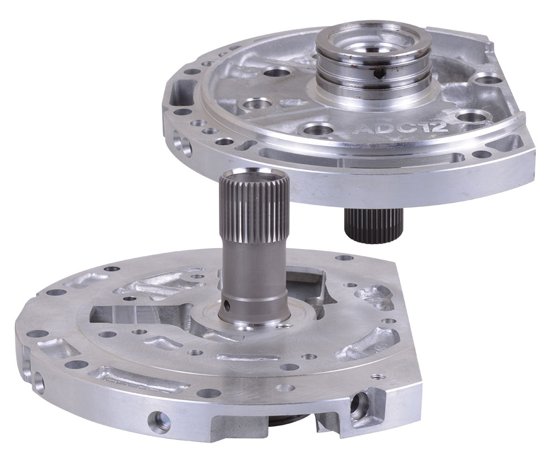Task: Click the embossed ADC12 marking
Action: pyautogui.click(x=399, y=129)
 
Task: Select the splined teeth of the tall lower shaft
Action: pyautogui.click(x=254, y=208)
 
